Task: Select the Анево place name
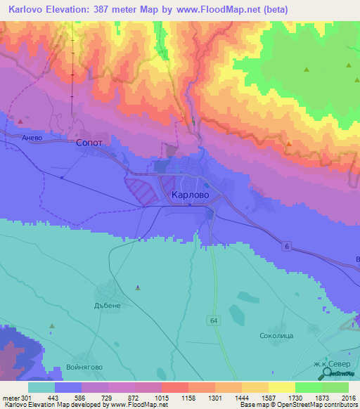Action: tap(33, 138)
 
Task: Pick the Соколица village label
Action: tap(276, 336)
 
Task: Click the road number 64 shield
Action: tap(214, 320)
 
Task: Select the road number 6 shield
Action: tap(286, 246)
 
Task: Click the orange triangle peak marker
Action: tap(289, 143)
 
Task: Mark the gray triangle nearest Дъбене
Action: tap(137, 287)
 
